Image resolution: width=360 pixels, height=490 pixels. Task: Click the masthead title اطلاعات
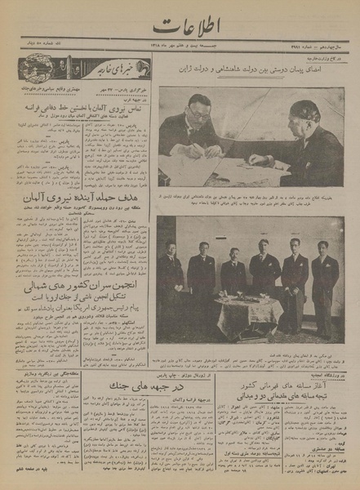pos(180,18)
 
